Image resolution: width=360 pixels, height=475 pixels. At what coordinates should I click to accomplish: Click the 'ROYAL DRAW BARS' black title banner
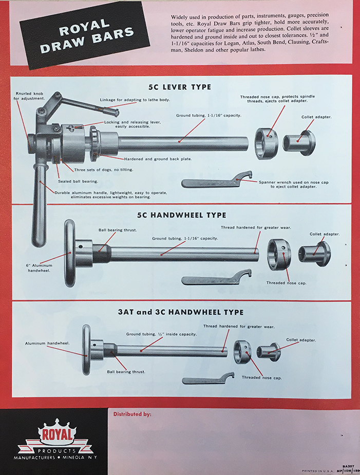click(x=85, y=35)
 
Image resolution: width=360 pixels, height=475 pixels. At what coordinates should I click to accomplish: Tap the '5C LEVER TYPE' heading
click(x=180, y=87)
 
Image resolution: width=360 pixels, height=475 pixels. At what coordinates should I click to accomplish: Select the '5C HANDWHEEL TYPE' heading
click(x=181, y=215)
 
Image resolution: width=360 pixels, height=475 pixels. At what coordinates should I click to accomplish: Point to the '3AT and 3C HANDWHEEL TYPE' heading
click(x=181, y=312)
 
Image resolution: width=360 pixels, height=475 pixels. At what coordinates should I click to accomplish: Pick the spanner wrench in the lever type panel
click(x=217, y=179)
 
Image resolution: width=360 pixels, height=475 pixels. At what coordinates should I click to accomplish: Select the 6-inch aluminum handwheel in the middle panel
click(x=70, y=253)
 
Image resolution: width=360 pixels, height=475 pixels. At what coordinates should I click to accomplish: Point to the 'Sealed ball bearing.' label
click(x=78, y=181)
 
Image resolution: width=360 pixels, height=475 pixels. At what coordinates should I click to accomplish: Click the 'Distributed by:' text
click(x=132, y=414)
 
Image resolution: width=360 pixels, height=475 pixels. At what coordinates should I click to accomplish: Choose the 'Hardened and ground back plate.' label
click(x=158, y=159)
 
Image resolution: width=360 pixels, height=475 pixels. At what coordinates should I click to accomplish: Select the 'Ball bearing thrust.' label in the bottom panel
click(x=126, y=372)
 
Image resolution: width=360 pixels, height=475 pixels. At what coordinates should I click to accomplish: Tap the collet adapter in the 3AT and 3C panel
click(x=269, y=351)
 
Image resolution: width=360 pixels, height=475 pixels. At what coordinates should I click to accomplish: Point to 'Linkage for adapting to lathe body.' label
click(x=135, y=100)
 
